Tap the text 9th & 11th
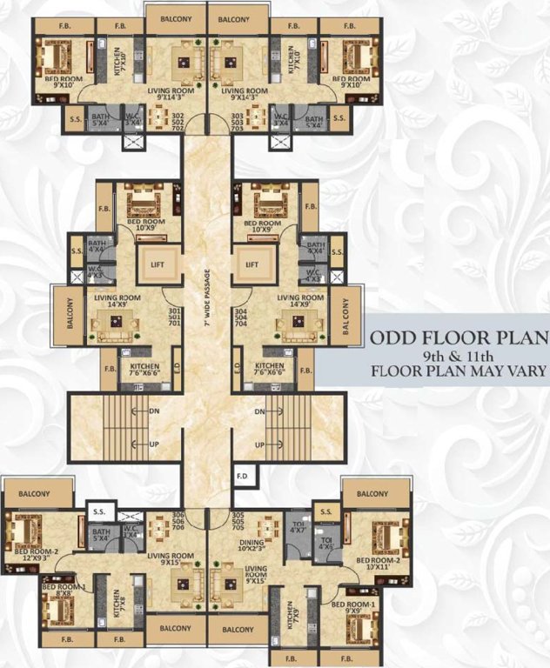click(458, 355)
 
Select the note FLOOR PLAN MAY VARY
click(458, 371)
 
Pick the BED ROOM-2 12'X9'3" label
click(34, 553)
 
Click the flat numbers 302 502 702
click(178, 121)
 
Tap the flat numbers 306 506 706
click(179, 519)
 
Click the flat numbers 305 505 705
click(238, 519)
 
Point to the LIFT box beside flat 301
click(158, 263)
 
